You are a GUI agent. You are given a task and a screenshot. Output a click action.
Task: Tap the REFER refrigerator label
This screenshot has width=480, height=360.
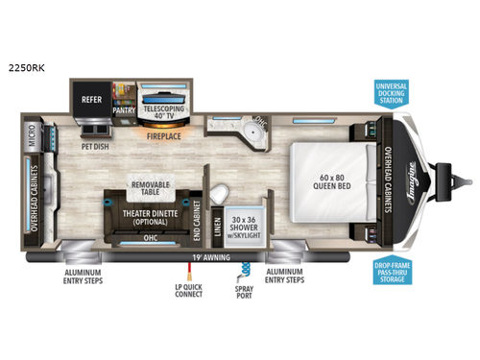(x=91, y=97)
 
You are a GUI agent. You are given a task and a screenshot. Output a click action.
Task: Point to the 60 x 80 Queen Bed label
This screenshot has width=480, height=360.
(x=330, y=180)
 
